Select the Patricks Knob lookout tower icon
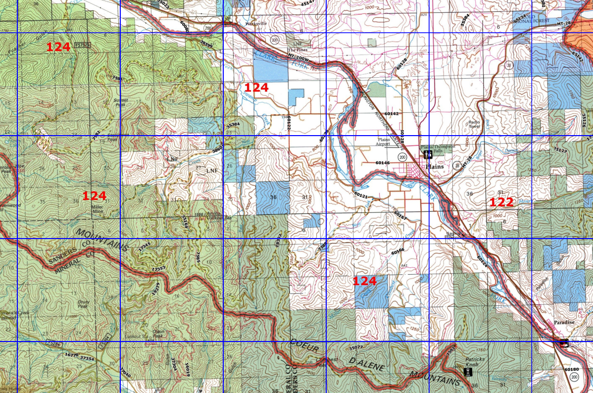(x=466, y=371)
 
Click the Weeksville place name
(x=255, y=23)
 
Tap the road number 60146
(x=383, y=162)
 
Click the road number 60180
(x=571, y=369)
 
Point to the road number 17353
(x=159, y=268)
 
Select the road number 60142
(x=391, y=113)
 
